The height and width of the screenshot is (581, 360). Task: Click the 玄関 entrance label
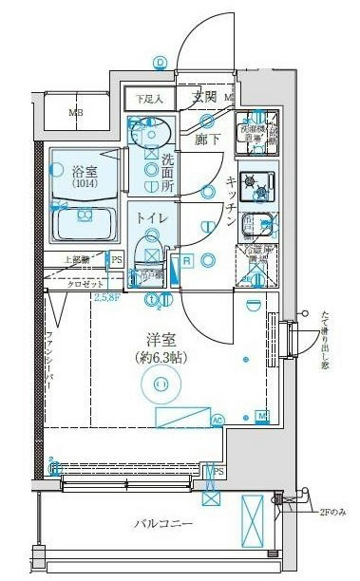click(204, 97)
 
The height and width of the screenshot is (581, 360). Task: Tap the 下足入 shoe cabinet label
click(148, 98)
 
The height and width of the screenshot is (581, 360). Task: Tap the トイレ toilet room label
click(154, 217)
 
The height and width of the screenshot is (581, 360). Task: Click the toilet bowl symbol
click(150, 253)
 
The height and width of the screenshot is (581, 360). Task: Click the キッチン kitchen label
click(231, 200)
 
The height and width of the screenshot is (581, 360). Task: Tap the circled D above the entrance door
click(161, 64)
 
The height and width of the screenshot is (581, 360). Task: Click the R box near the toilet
click(188, 260)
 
